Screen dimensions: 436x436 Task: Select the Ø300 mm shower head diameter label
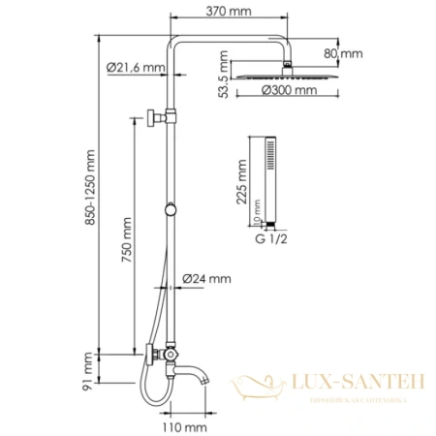(290, 91)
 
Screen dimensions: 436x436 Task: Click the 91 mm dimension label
(88, 369)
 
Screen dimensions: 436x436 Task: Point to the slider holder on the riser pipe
(171, 209)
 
